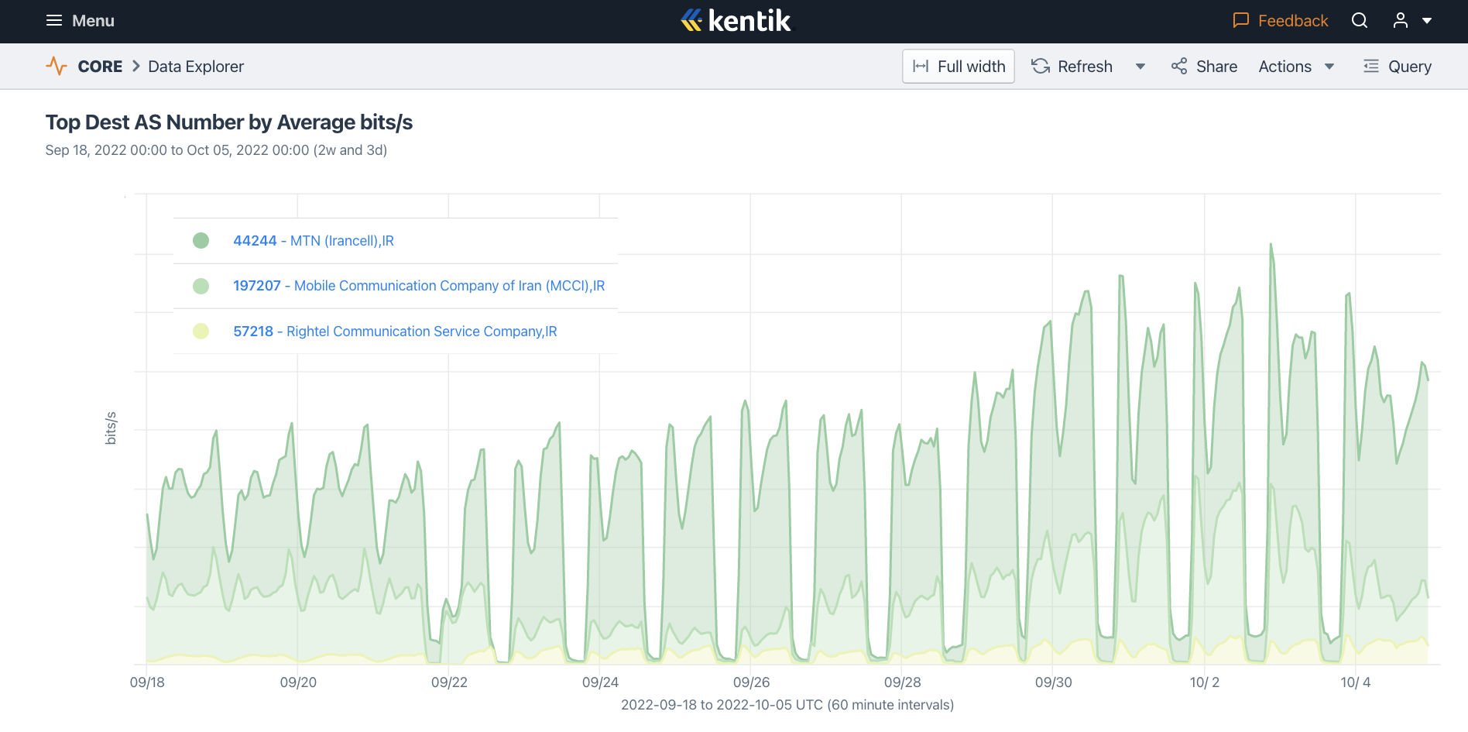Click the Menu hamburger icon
(x=53, y=21)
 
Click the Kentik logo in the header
(x=736, y=21)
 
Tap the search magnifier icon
(x=1360, y=21)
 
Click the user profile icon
(x=1401, y=21)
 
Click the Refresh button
(x=1072, y=67)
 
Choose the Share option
(x=1205, y=67)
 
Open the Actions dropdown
(x=1296, y=67)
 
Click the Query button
(x=1398, y=67)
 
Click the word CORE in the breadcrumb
(x=100, y=67)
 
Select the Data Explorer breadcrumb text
(x=196, y=67)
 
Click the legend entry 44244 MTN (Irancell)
(x=314, y=241)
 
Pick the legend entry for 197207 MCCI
(x=419, y=286)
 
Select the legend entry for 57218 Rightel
(x=395, y=332)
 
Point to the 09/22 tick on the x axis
(x=449, y=682)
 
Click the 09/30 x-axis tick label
(x=1053, y=682)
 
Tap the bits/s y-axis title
(x=111, y=428)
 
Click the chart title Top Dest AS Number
(x=229, y=122)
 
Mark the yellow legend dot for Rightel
(x=201, y=332)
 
